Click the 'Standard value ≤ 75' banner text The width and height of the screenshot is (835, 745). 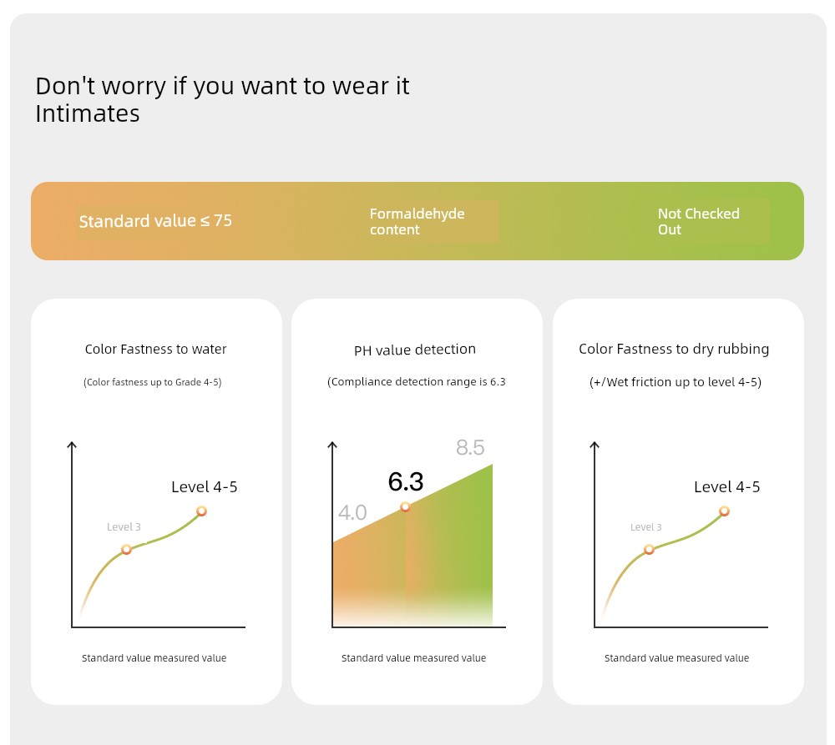pos(155,221)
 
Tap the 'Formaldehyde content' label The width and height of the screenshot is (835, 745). pos(417,221)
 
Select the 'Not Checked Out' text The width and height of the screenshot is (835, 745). pos(698,221)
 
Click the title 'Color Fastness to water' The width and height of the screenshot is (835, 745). pos(155,349)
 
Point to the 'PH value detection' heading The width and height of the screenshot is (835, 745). pos(415,350)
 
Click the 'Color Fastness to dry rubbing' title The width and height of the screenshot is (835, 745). pos(674,349)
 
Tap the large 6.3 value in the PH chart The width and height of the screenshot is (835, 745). pos(406,481)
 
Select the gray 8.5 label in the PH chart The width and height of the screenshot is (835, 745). pos(470,447)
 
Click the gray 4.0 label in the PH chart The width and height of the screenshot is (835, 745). pos(352,512)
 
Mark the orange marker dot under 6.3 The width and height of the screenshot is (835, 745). pos(405,506)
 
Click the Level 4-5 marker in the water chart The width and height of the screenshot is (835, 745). pos(201,511)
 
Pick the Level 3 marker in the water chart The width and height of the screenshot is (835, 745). pos(126,549)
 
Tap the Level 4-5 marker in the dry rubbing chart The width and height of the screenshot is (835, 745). pos(724,511)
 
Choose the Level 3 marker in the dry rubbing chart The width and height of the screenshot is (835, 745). pos(649,549)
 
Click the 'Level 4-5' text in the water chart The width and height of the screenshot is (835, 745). pos(205,487)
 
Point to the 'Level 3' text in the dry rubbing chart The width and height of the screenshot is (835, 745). pos(646,527)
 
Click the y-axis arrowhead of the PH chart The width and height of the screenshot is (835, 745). pos(332,445)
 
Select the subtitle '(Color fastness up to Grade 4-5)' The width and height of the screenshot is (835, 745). pos(152,382)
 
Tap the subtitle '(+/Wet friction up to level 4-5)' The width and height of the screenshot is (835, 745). pos(676,382)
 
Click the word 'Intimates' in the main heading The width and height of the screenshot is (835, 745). pos(88,114)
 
